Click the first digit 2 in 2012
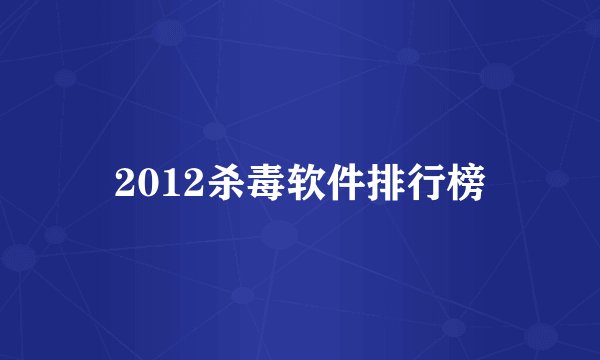(124, 182)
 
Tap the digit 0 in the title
(145, 182)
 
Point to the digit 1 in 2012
(166, 182)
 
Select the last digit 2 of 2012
(187, 182)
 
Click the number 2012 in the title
(155, 182)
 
